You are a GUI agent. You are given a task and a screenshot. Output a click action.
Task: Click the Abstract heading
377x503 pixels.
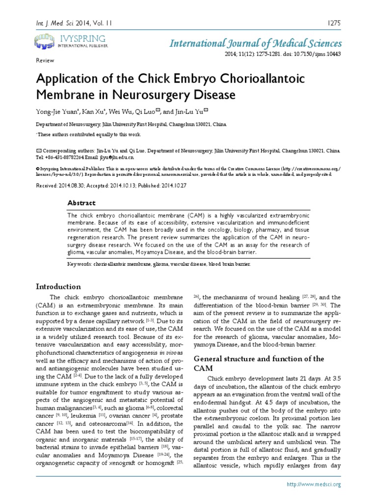tap(81, 203)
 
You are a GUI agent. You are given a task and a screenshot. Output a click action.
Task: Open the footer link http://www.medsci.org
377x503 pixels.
tap(313, 484)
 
